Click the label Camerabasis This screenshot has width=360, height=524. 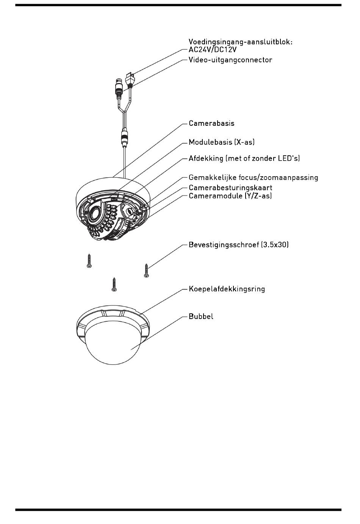coord(211,123)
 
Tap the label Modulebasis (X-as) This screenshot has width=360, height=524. coord(222,142)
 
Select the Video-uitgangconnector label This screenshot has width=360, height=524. coord(230,60)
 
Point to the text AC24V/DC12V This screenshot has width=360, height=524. coord(213,50)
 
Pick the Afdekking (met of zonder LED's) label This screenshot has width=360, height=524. coord(244,158)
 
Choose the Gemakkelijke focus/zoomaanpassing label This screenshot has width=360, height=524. coord(254,178)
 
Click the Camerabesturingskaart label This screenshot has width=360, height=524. coord(230,188)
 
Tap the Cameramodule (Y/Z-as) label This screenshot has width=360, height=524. coord(230,196)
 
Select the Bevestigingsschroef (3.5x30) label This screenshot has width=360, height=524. coord(239,245)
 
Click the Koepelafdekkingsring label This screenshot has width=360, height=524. coord(227,289)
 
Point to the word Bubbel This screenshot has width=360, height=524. coord(201,316)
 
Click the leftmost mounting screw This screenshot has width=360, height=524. coord(89,261)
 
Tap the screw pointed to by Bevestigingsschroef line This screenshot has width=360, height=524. coord(146,271)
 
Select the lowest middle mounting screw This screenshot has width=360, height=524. coord(114,285)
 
